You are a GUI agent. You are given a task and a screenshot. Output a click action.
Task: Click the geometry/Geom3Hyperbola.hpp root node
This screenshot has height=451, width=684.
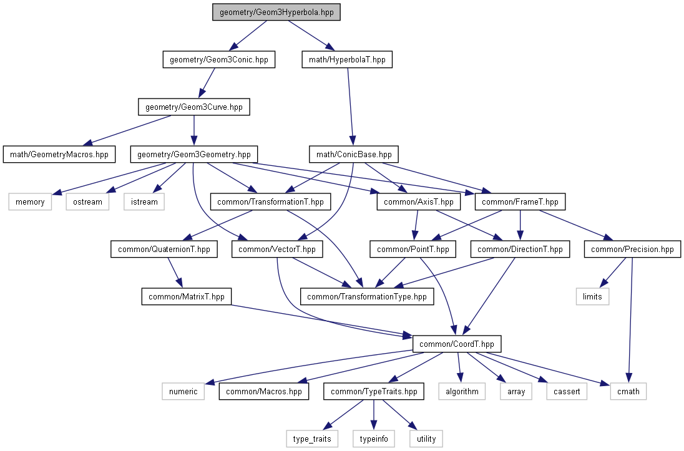pyautogui.click(x=276, y=12)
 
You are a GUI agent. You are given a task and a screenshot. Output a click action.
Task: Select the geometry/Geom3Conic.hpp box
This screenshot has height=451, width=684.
pyautogui.click(x=219, y=59)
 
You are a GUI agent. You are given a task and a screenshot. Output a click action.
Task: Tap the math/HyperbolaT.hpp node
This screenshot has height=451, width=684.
pyautogui.click(x=347, y=59)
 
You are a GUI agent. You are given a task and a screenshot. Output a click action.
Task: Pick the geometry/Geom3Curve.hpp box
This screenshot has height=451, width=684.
pyautogui.click(x=194, y=107)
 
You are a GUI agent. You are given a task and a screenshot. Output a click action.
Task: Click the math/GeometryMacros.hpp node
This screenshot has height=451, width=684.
pyautogui.click(x=59, y=155)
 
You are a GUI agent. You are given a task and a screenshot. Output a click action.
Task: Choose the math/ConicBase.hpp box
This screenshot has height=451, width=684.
pyautogui.click(x=354, y=155)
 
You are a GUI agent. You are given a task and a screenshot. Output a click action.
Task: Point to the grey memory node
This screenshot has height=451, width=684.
pyautogui.click(x=30, y=202)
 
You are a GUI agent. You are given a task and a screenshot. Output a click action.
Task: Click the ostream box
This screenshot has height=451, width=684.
pyautogui.click(x=87, y=202)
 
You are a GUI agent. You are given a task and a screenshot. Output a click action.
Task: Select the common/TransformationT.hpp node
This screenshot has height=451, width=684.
pyautogui.click(x=270, y=202)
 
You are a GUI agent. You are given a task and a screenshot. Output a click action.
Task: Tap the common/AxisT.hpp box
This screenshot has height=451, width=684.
pyautogui.click(x=419, y=202)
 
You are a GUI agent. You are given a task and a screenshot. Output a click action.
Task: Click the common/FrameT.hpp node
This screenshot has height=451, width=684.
pyautogui.click(x=520, y=202)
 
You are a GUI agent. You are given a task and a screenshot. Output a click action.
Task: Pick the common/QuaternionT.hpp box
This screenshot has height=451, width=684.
pyautogui.click(x=164, y=250)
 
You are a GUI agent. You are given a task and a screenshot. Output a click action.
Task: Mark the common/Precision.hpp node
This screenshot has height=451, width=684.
pyautogui.click(x=633, y=250)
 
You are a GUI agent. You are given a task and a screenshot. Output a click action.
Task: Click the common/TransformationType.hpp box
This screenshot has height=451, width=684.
pyautogui.click(x=367, y=297)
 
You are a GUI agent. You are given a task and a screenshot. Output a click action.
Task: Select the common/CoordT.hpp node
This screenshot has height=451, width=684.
pyautogui.click(x=457, y=344)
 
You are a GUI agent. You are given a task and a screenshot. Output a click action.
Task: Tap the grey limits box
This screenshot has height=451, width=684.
pyautogui.click(x=592, y=297)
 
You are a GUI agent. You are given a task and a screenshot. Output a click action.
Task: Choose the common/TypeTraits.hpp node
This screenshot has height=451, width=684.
pyautogui.click(x=374, y=392)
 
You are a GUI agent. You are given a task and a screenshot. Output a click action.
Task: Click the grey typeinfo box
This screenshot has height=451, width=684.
pyautogui.click(x=374, y=439)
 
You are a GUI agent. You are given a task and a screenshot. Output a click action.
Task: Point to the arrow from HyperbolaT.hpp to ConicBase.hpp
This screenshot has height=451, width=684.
pyautogui.click(x=351, y=107)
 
